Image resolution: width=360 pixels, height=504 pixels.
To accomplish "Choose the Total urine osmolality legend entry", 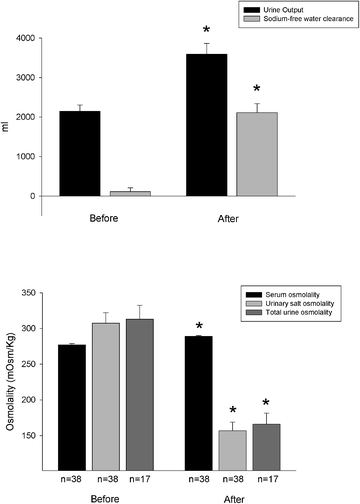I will coord(299,315).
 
